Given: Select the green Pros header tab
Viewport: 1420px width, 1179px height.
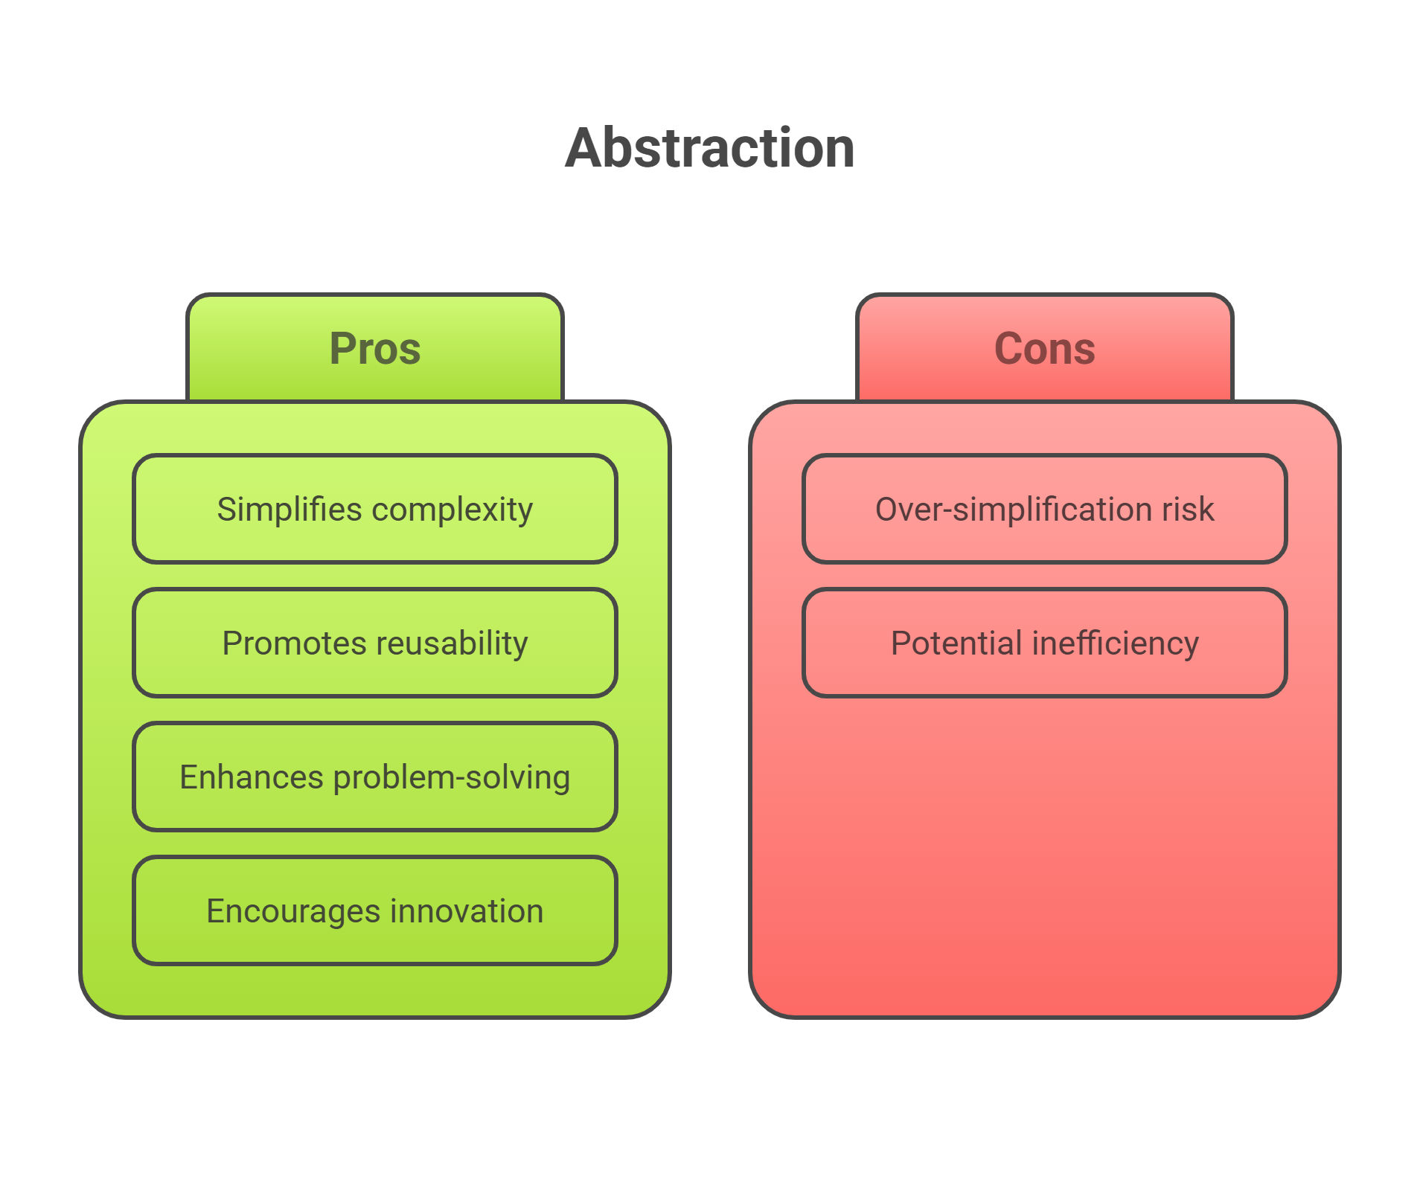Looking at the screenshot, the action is [x=375, y=347].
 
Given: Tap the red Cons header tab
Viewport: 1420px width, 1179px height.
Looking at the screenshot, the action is [x=1045, y=347].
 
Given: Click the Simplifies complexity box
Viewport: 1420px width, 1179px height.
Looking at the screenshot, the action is [x=375, y=509].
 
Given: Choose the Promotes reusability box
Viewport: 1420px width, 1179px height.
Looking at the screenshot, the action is [x=375, y=643].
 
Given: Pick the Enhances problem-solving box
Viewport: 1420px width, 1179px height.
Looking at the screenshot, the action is [x=375, y=777].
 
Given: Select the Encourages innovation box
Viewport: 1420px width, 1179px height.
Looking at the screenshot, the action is [x=375, y=910].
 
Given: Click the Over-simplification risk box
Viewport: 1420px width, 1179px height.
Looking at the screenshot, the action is [x=1045, y=509].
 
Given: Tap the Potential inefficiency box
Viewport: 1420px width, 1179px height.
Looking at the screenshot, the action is [x=1045, y=643].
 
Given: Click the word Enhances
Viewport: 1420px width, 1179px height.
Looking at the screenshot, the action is [x=252, y=777].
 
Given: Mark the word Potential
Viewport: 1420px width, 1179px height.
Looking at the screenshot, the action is [x=956, y=643].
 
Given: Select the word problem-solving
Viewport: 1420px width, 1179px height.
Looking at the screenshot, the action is [x=452, y=778].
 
